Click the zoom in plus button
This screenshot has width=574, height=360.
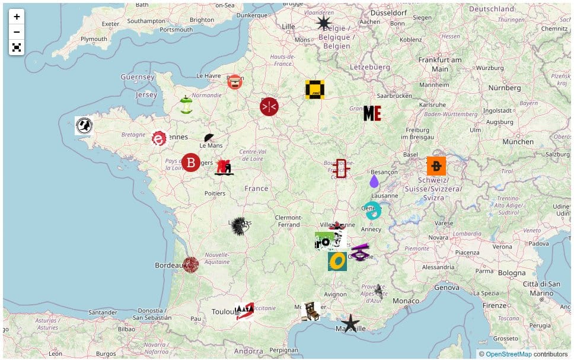click(x=17, y=17)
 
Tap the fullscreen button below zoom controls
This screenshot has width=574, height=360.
click(x=17, y=47)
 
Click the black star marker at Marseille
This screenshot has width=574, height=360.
click(x=350, y=323)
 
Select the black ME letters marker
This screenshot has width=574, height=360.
click(x=372, y=113)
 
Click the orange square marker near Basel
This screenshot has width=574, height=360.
click(x=436, y=166)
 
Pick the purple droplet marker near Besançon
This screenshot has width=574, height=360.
click(x=374, y=181)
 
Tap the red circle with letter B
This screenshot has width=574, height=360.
click(x=191, y=162)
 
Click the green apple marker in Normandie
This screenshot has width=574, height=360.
click(x=186, y=105)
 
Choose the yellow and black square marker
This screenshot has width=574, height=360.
click(x=315, y=90)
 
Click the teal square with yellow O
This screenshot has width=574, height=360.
click(x=337, y=261)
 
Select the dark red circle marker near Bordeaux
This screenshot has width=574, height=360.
click(x=190, y=265)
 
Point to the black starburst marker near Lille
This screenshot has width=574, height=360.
click(x=324, y=23)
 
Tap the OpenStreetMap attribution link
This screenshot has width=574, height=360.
click(x=509, y=354)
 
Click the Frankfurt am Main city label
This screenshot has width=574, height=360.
click(x=439, y=64)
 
